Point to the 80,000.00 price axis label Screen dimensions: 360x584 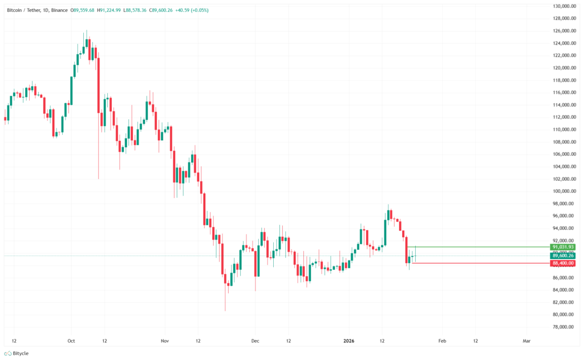[x=563, y=315]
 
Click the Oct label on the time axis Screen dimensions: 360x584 [x=71, y=340]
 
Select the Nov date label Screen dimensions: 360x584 [x=164, y=340]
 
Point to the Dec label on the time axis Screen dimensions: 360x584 [x=255, y=340]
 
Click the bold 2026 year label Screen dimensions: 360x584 [x=349, y=340]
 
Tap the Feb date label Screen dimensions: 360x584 [x=442, y=340]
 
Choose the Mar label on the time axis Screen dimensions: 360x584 [x=527, y=340]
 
